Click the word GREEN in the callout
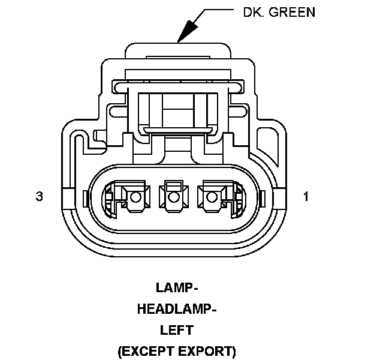[x=292, y=12]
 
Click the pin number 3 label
[x=40, y=196]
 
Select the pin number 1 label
[x=306, y=196]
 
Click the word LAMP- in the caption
[x=176, y=288]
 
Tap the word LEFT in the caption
[x=176, y=329]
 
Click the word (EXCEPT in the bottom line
[x=147, y=350]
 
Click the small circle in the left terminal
[x=135, y=197]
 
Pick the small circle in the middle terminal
[x=174, y=197]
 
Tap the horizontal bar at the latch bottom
[x=176, y=128]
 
